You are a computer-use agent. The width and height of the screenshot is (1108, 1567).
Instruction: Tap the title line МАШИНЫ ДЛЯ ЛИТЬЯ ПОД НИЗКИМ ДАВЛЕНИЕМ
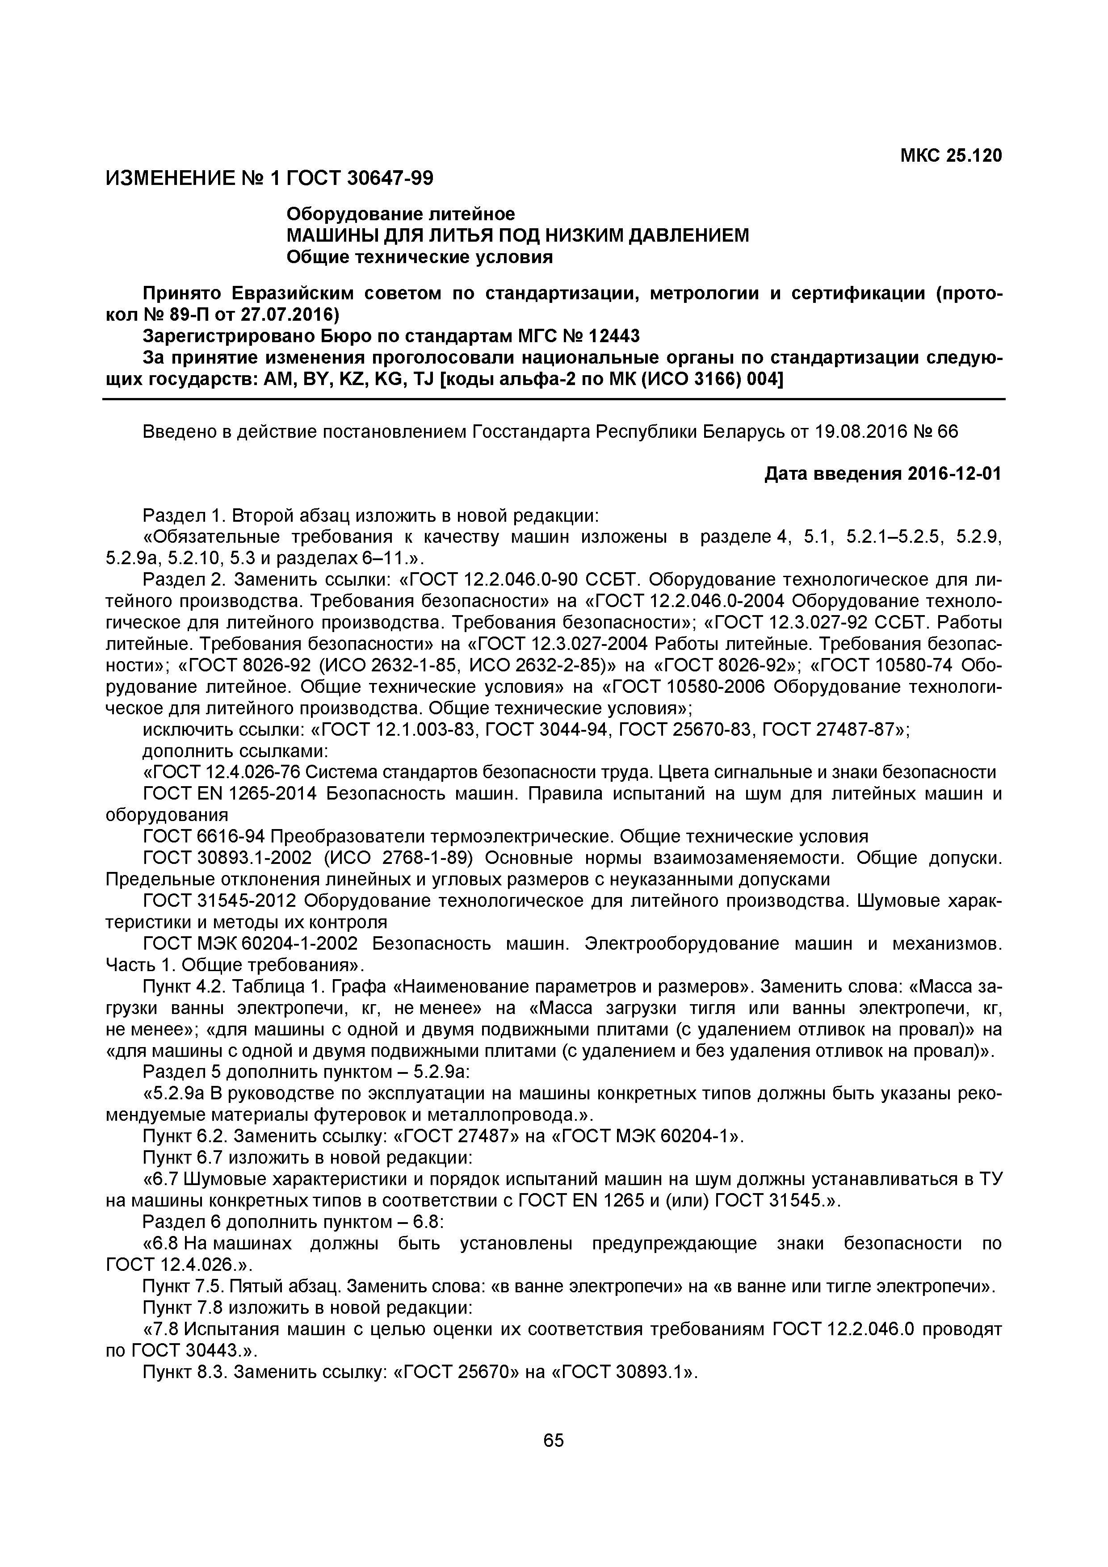click(517, 235)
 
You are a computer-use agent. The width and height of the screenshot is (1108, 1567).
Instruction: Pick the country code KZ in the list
click(370, 379)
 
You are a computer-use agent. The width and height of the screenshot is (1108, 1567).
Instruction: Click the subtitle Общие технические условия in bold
click(419, 257)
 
